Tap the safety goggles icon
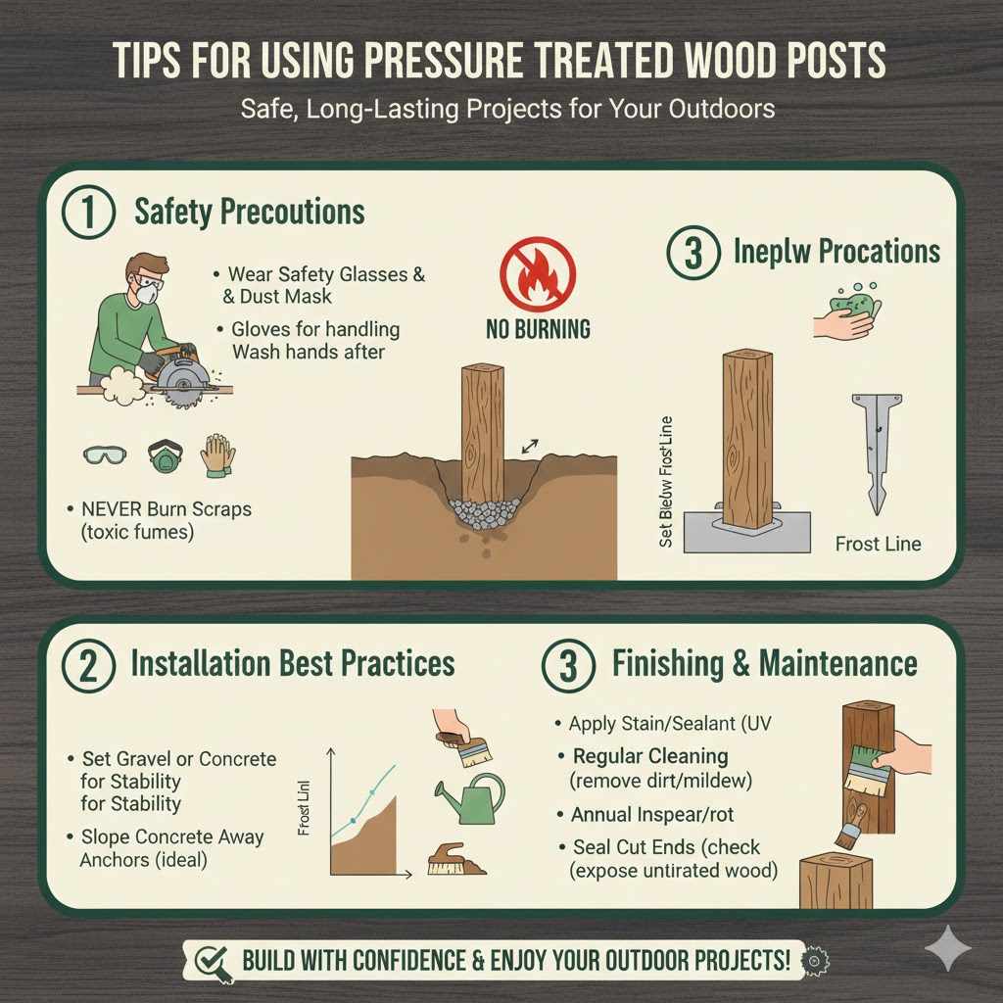click(x=105, y=456)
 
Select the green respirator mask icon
click(x=165, y=456)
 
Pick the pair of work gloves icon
click(x=217, y=455)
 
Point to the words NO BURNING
click(x=538, y=330)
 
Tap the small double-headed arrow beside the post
click(x=531, y=446)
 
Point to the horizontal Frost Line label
click(x=878, y=544)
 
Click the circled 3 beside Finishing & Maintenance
click(x=568, y=664)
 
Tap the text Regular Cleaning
click(x=650, y=757)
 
